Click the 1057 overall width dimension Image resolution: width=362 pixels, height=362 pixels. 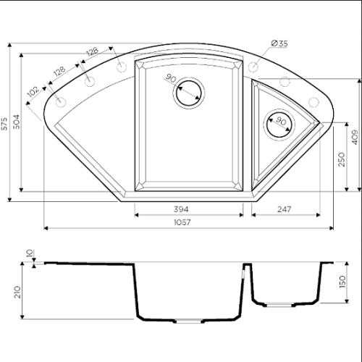(182, 222)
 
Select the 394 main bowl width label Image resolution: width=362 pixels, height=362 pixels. (181, 209)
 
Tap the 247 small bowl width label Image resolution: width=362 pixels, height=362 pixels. (284, 209)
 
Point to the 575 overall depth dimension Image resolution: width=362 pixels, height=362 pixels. (4, 124)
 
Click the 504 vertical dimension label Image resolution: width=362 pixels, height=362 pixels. (16, 122)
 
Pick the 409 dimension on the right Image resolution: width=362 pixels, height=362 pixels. (355, 137)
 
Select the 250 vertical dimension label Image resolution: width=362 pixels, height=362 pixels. (342, 159)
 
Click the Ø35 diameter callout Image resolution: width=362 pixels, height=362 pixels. (279, 43)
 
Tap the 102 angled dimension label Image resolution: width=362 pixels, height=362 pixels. (33, 91)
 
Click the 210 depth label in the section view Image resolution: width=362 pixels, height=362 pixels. (17, 292)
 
